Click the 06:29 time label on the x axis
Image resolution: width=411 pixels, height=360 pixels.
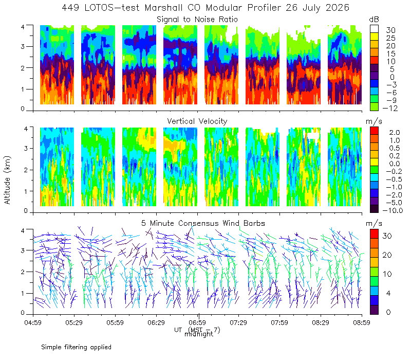pyautogui.click(x=156, y=322)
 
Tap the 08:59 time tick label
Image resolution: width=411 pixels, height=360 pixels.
pyautogui.click(x=362, y=322)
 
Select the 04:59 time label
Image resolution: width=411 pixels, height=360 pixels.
pyautogui.click(x=33, y=322)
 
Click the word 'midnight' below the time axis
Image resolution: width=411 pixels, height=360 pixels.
pyautogui.click(x=199, y=334)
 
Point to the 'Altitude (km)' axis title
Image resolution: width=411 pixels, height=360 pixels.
pyautogui.click(x=7, y=180)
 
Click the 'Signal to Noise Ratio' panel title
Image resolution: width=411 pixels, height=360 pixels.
pyautogui.click(x=197, y=20)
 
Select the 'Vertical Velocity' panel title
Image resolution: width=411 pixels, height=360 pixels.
pyautogui.click(x=197, y=121)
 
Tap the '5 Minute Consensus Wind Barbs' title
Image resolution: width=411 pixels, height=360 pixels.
pyautogui.click(x=203, y=223)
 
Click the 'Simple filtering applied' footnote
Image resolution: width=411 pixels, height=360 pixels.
pyautogui.click(x=76, y=347)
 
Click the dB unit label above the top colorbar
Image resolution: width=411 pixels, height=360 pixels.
pyautogui.click(x=374, y=20)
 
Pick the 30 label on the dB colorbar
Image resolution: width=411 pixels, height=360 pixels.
pyautogui.click(x=390, y=30)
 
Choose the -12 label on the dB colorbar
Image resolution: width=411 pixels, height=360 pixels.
pyautogui.click(x=390, y=108)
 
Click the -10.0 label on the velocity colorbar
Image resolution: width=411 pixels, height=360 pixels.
pyautogui.click(x=393, y=210)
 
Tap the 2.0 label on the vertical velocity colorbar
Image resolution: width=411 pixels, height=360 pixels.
pyautogui.click(x=395, y=132)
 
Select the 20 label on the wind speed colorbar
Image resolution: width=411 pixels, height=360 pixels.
pyautogui.click(x=387, y=255)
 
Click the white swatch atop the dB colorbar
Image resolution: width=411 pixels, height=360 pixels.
pyautogui.click(x=374, y=29)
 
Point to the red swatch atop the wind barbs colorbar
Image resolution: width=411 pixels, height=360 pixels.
pyautogui.click(x=374, y=234)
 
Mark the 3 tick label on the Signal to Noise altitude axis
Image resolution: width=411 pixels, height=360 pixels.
pyautogui.click(x=23, y=46)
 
